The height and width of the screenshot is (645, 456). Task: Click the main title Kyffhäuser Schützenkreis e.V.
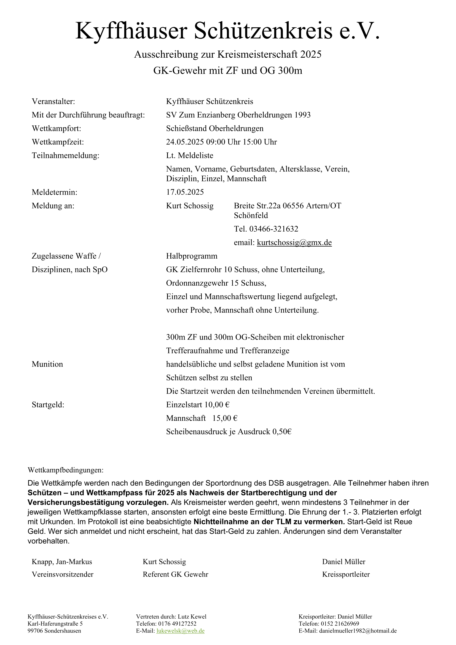[227, 31]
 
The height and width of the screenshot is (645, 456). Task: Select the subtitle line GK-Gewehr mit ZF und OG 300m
[228, 70]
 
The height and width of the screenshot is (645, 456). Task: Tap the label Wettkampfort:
[56, 129]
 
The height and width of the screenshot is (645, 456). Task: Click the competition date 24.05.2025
[185, 142]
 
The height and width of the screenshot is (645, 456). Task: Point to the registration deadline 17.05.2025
[185, 192]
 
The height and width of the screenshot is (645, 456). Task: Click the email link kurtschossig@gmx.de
[294, 242]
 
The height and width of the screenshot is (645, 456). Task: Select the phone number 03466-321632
[274, 229]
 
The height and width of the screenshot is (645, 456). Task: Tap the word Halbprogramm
[192, 256]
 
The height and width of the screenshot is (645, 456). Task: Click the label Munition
[47, 364]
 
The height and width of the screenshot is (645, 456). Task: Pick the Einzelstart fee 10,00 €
[217, 405]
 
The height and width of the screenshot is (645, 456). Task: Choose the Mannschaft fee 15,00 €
[225, 418]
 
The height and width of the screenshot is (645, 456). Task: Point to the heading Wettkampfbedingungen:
[65, 470]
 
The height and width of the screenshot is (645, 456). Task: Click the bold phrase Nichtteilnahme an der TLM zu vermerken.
[269, 522]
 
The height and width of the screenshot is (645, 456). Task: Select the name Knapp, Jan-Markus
[62, 561]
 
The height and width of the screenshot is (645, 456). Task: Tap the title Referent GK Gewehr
[176, 574]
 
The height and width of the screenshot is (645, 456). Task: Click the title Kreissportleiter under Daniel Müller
[346, 574]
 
